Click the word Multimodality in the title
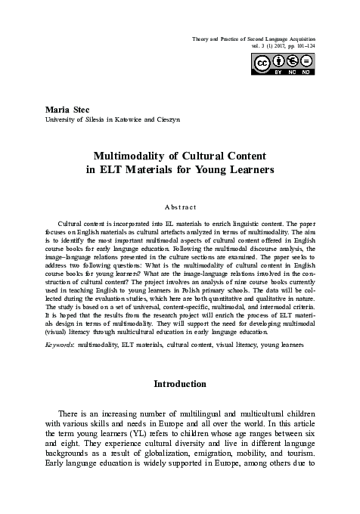tap(131, 156)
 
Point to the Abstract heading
tap(180, 206)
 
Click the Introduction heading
tap(180, 384)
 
